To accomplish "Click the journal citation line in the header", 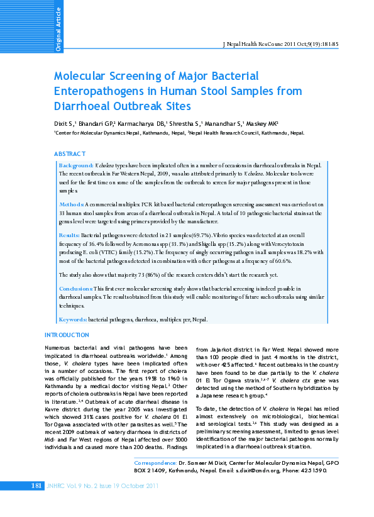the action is tap(281, 44).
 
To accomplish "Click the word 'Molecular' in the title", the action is tap(84, 76).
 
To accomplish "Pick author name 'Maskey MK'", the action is tap(268, 124).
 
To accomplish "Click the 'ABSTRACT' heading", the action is tap(70, 153).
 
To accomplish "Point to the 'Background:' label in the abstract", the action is tap(76, 163).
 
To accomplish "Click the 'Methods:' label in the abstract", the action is tap(71, 205).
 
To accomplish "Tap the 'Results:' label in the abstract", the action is tap(69, 233).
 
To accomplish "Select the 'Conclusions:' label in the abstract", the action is tap(76, 287).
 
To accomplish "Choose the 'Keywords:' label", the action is tap(72, 320).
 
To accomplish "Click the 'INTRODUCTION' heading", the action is tap(67, 335).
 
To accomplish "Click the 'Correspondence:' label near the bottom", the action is tap(152, 462).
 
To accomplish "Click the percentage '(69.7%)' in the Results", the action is tap(184, 233).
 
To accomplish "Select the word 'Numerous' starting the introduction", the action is tap(59, 347).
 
